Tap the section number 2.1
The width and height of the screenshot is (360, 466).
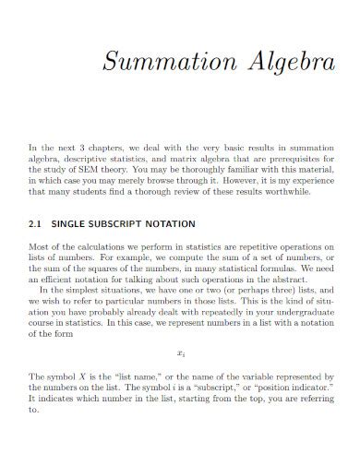click(37, 224)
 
